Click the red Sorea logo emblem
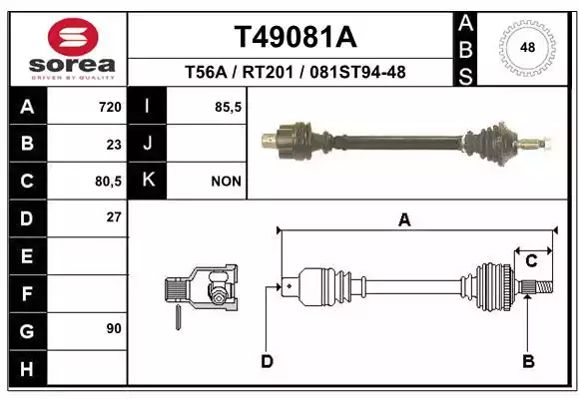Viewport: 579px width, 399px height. (x=73, y=37)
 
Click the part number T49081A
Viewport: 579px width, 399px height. (x=295, y=37)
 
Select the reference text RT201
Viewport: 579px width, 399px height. (x=268, y=72)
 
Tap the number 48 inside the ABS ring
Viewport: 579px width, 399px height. (x=527, y=48)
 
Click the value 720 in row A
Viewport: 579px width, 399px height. (x=110, y=107)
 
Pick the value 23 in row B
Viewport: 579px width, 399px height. (x=114, y=145)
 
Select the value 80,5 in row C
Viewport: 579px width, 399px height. (x=108, y=182)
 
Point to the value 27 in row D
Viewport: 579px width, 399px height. (x=114, y=217)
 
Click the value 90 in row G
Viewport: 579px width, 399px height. (x=114, y=328)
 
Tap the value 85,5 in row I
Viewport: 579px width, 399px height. (x=229, y=107)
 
